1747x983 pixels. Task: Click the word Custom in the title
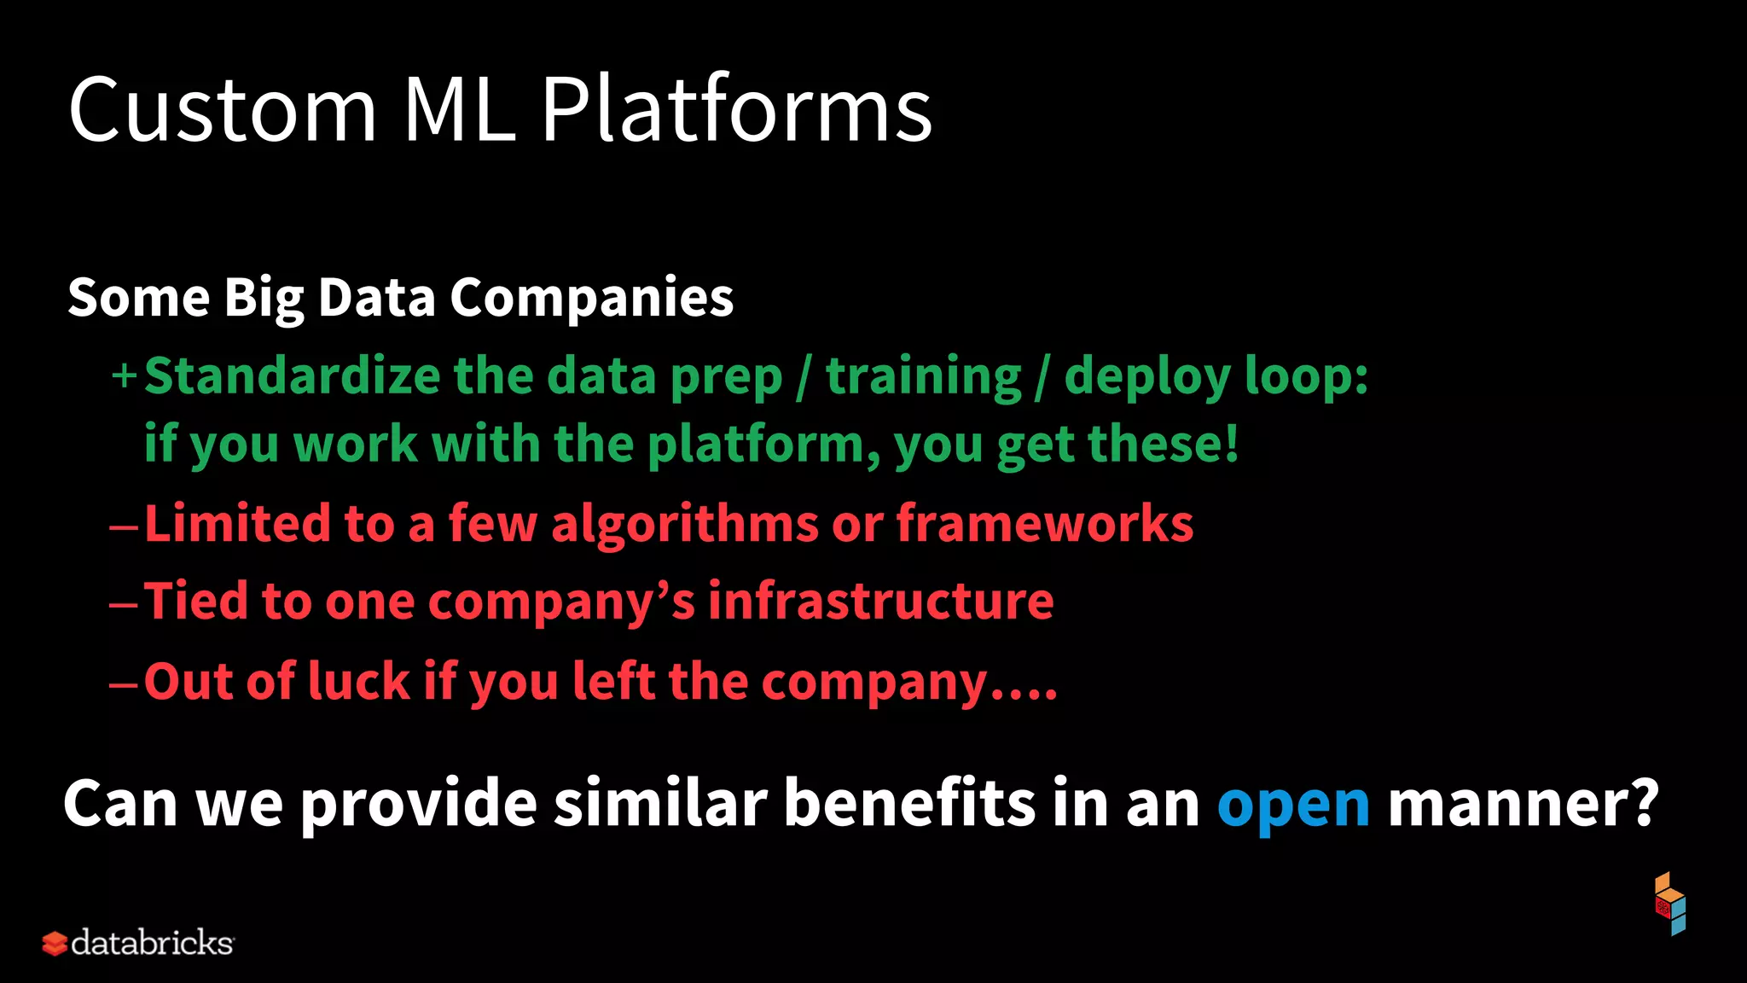(x=222, y=111)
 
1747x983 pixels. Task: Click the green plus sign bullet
(x=124, y=375)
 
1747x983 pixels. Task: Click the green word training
(x=923, y=377)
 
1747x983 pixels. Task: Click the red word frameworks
(x=1044, y=523)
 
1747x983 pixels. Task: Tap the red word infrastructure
(x=880, y=602)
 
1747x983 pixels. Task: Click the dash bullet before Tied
(x=124, y=605)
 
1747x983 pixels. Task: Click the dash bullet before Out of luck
(x=124, y=684)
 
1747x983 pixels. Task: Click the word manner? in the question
(x=1523, y=804)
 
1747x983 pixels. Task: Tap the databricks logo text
(x=151, y=943)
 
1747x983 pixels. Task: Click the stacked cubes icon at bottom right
(x=1670, y=904)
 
